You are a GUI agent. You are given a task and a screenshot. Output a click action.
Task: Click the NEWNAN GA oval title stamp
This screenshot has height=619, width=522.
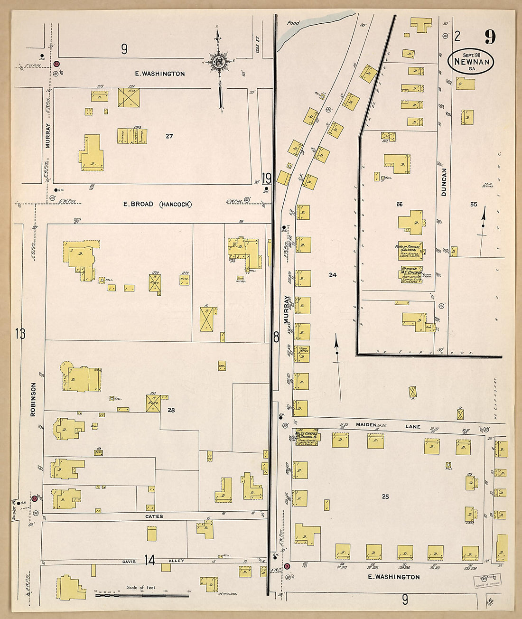(472, 61)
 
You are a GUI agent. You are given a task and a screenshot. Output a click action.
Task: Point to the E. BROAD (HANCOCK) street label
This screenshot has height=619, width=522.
(157, 204)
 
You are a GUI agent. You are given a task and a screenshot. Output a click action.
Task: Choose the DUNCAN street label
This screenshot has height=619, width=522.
(444, 182)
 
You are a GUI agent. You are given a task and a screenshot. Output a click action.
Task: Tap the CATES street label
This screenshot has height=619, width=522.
(154, 516)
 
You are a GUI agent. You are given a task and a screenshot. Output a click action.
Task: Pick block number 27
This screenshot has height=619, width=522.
(169, 136)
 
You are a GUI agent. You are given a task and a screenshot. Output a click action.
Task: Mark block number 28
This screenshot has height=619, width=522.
(171, 410)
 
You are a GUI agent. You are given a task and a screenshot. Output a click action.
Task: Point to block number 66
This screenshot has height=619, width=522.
(399, 204)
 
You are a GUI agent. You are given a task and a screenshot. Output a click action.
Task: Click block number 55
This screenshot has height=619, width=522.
(473, 204)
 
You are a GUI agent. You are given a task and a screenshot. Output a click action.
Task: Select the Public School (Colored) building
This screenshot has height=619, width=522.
(410, 252)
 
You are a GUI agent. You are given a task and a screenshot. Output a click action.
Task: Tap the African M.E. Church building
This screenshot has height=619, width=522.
(410, 274)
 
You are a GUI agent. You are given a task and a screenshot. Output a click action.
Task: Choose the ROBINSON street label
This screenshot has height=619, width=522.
(33, 399)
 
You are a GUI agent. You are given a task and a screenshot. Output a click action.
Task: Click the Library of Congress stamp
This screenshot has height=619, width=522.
(487, 578)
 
